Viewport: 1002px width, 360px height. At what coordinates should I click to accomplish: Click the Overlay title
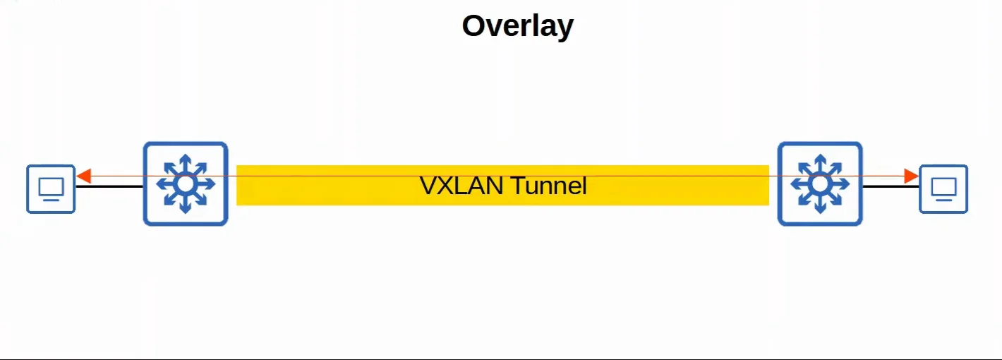click(x=517, y=26)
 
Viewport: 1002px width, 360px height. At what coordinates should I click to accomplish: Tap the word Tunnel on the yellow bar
click(x=548, y=186)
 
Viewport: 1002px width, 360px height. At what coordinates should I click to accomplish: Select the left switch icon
click(x=186, y=184)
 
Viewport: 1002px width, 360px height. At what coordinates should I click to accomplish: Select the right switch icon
click(x=820, y=184)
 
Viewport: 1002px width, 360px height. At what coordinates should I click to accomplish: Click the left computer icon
click(x=51, y=189)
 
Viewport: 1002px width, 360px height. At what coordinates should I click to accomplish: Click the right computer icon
click(x=943, y=189)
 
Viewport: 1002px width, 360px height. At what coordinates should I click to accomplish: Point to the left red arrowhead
click(x=84, y=176)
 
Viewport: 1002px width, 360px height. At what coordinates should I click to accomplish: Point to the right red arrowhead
click(x=911, y=176)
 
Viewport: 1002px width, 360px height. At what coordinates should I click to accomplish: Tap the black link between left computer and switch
click(x=109, y=186)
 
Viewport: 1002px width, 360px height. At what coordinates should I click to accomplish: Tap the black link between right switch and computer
click(x=891, y=186)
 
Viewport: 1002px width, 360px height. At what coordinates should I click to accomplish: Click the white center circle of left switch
click(x=186, y=184)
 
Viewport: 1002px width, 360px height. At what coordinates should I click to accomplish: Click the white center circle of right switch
click(x=820, y=184)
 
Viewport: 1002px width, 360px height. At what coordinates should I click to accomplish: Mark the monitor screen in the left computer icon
click(x=51, y=187)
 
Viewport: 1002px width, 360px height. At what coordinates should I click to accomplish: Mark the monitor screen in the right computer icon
click(x=943, y=187)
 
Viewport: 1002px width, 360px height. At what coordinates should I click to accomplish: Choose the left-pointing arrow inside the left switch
click(x=167, y=184)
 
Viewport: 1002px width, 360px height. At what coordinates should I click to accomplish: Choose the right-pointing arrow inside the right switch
click(x=839, y=184)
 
